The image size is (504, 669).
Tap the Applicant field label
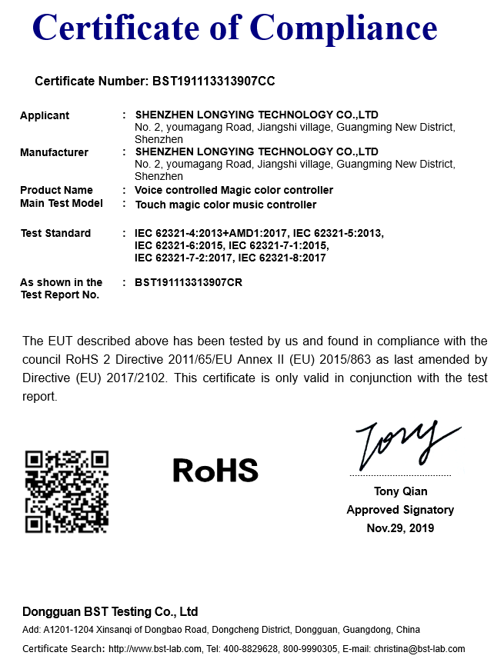45,115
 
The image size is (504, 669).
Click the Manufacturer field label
54,152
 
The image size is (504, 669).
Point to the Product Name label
56,190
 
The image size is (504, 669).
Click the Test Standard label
55,233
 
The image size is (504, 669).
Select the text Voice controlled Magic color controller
234,190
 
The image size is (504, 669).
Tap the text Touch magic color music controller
225,205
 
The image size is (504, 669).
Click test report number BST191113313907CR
189,282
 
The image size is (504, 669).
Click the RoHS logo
215,470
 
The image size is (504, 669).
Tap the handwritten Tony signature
400,445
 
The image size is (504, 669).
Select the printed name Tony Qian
400,491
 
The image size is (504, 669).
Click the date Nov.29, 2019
400,528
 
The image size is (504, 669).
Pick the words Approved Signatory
400,510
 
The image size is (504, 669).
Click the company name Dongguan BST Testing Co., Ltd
110,612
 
